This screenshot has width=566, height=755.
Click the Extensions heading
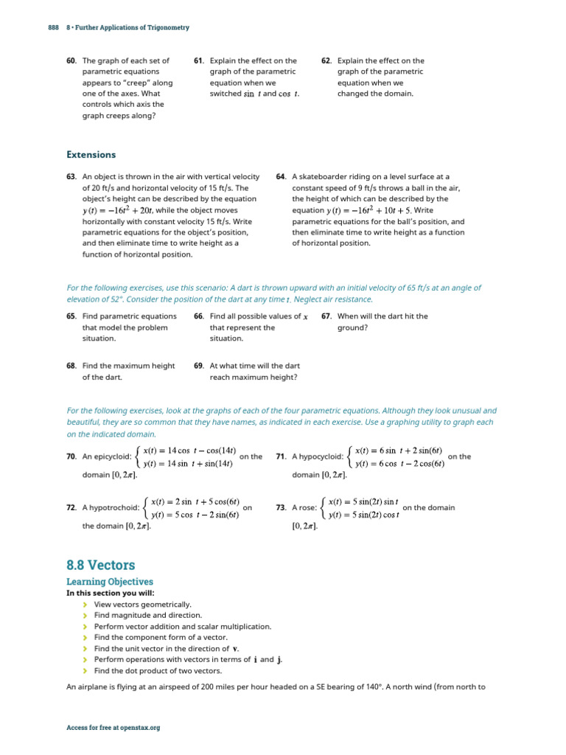[x=91, y=155]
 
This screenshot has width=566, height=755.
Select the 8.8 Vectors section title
[x=100, y=566]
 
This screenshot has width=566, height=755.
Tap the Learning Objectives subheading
[x=110, y=582]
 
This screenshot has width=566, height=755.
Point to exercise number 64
[x=281, y=177]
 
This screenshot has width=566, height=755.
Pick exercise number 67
[x=327, y=316]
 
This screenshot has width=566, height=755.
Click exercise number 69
[x=199, y=366]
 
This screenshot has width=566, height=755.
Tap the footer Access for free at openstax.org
[x=113, y=728]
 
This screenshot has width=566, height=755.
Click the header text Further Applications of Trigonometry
[x=130, y=27]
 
